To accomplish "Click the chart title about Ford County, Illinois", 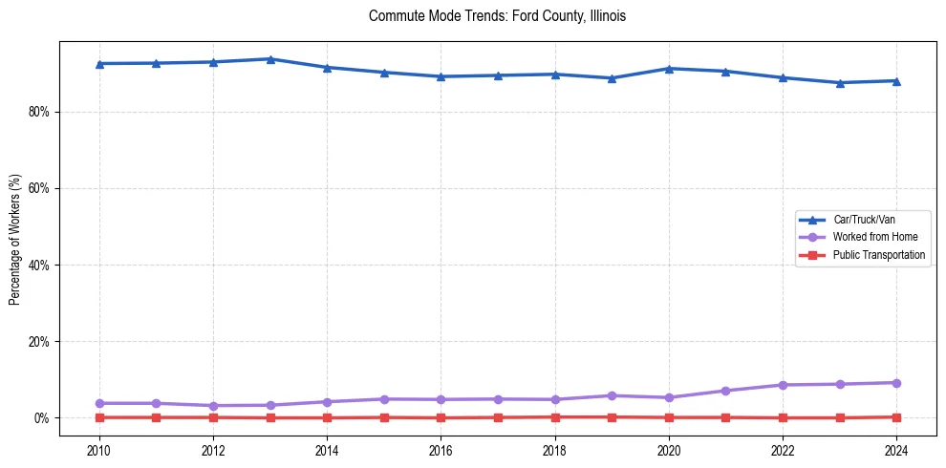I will [x=497, y=16].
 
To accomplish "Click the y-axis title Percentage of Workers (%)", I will [x=14, y=239].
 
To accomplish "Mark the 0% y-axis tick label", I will [x=42, y=417].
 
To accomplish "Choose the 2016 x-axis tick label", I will [x=441, y=449].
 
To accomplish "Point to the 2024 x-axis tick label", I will [x=896, y=449].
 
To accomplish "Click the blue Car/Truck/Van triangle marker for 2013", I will [x=270, y=59].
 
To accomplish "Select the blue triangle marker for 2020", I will [x=669, y=69].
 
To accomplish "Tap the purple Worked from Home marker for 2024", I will [x=896, y=383].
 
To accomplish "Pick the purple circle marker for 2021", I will [x=725, y=391].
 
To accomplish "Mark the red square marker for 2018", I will [x=555, y=416].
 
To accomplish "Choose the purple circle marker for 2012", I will [x=213, y=406].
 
